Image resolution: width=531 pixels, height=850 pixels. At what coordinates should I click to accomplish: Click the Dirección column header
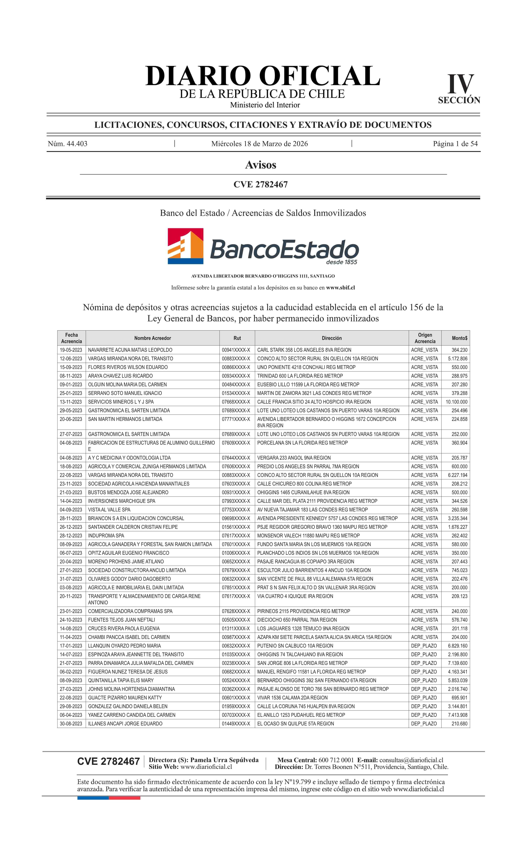(332, 338)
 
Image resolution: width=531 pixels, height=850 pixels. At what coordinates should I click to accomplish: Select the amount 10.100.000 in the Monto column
(457, 402)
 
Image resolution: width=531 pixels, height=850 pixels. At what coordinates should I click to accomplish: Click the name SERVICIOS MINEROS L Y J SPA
(121, 402)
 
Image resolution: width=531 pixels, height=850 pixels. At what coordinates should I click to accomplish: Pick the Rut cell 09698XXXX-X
(236, 518)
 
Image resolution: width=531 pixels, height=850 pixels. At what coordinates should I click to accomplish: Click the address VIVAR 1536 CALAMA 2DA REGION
(292, 697)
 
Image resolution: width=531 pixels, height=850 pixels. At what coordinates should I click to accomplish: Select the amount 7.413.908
(458, 715)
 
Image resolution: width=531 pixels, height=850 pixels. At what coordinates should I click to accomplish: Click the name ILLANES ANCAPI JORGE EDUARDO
(125, 724)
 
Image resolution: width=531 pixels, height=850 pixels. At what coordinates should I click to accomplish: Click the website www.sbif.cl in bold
(340, 287)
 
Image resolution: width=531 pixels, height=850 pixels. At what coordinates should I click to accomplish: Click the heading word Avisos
(261, 165)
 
